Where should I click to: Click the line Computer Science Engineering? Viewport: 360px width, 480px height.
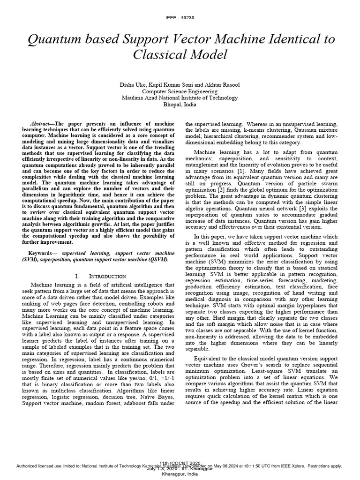pyautogui.click(x=180, y=91)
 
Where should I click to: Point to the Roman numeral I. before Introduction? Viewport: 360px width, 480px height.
pyautogui.click(x=78, y=277)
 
